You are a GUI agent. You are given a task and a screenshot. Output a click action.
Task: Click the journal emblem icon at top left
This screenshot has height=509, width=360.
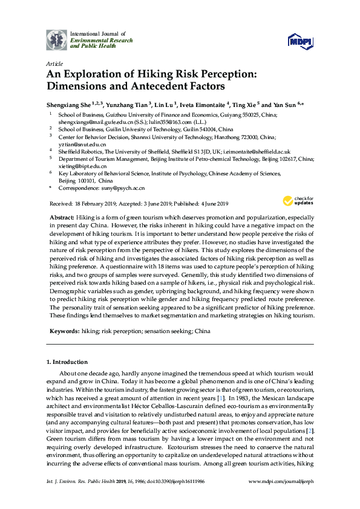click(57, 39)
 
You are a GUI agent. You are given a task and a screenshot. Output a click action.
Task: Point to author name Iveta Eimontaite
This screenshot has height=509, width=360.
click(203, 104)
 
